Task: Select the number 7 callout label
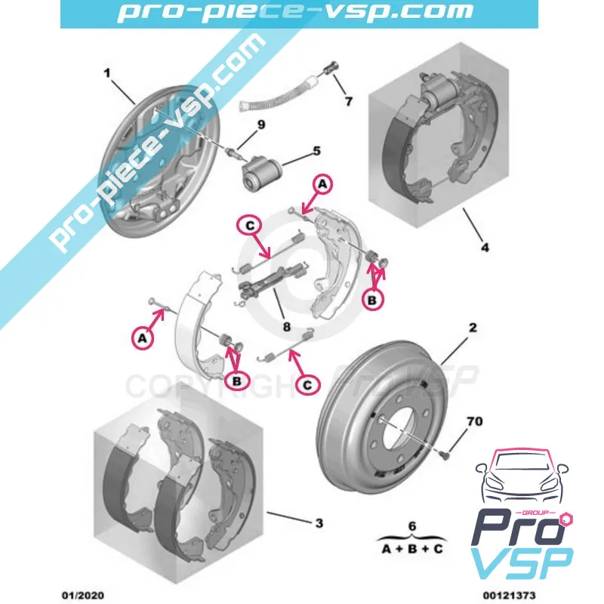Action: point(348,100)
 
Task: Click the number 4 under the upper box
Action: point(485,247)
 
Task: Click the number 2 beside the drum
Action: point(472,328)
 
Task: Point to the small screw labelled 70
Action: point(445,455)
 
